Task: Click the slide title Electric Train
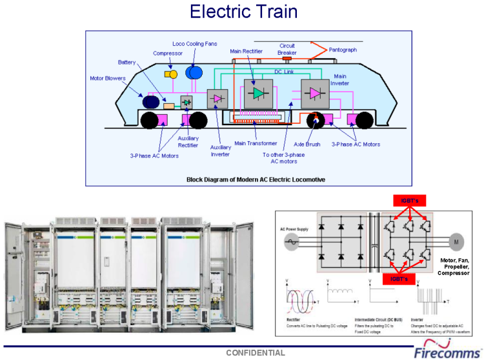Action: [x=244, y=12]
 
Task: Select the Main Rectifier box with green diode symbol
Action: [x=258, y=93]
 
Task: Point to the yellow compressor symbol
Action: [x=171, y=75]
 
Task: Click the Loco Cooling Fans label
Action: [x=194, y=44]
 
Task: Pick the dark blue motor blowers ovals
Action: [x=153, y=101]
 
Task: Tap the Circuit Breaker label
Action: [x=287, y=49]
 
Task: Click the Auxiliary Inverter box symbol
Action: [x=217, y=98]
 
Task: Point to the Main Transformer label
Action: [x=256, y=143]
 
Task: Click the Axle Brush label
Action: [x=307, y=145]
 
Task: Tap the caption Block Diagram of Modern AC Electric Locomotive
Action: [x=256, y=179]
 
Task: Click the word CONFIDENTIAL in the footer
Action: [x=255, y=353]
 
